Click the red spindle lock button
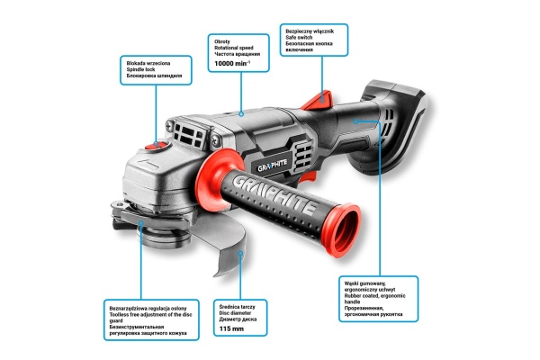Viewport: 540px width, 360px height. pyautogui.click(x=157, y=146)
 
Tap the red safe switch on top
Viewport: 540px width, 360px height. pyautogui.click(x=318, y=100)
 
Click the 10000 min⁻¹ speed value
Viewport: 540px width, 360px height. pyautogui.click(x=232, y=63)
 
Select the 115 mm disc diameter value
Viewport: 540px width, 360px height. pyautogui.click(x=231, y=328)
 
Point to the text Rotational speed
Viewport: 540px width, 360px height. pyautogui.click(x=233, y=48)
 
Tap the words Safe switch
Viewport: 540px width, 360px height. pyautogui.click(x=299, y=37)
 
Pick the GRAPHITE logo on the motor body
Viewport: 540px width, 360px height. pyautogui.click(x=272, y=166)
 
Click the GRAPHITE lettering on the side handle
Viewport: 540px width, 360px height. pyautogui.click(x=274, y=195)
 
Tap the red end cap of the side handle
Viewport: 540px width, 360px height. pyautogui.click(x=342, y=230)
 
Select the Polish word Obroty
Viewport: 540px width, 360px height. pyautogui.click(x=222, y=41)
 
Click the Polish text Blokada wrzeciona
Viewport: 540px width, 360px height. pyautogui.click(x=148, y=63)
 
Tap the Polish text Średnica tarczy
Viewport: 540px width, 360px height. pyautogui.click(x=237, y=307)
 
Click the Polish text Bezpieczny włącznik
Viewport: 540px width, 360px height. pyautogui.click(x=310, y=31)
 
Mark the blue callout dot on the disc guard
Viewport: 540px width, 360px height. pyautogui.click(x=240, y=254)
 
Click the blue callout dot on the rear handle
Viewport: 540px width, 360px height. pyautogui.click(x=355, y=121)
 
